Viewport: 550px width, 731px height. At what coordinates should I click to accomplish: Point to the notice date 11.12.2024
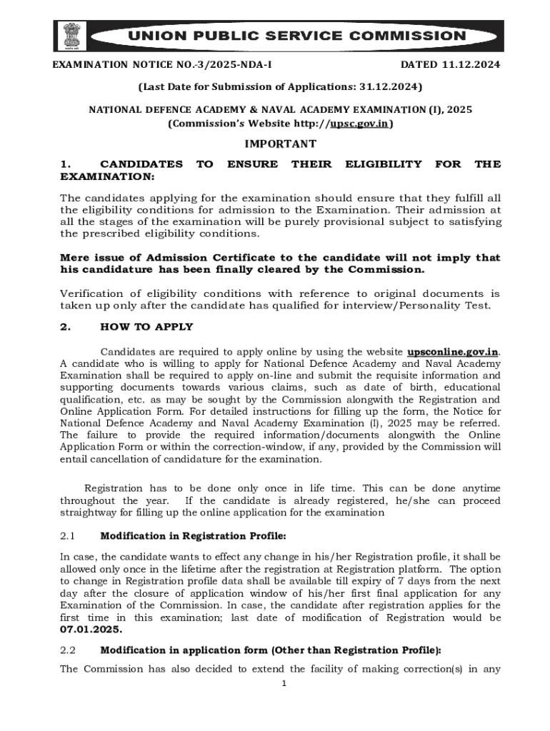pyautogui.click(x=471, y=65)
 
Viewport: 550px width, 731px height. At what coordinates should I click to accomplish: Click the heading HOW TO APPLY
pyautogui.click(x=147, y=327)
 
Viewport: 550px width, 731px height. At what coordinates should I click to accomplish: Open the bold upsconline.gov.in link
pyautogui.click(x=453, y=352)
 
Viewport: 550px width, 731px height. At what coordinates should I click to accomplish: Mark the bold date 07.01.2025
pyautogui.click(x=91, y=630)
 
